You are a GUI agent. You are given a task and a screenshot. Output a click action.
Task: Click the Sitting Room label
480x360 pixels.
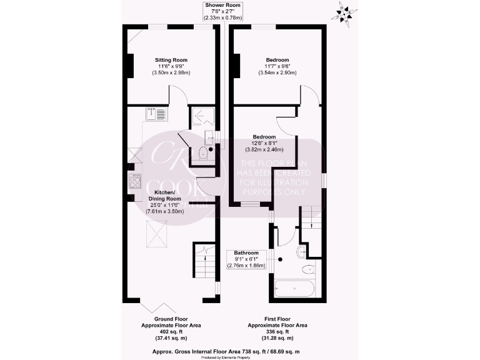(171, 61)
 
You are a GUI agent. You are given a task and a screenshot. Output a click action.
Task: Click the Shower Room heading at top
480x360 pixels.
(224, 6)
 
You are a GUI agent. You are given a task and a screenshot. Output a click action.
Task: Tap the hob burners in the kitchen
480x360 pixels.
(136, 182)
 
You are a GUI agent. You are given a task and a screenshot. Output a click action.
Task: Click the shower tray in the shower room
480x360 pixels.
(203, 116)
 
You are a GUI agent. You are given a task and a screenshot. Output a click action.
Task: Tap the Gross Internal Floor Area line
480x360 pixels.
(240, 352)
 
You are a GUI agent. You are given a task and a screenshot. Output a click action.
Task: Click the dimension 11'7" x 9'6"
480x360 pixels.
(277, 67)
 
